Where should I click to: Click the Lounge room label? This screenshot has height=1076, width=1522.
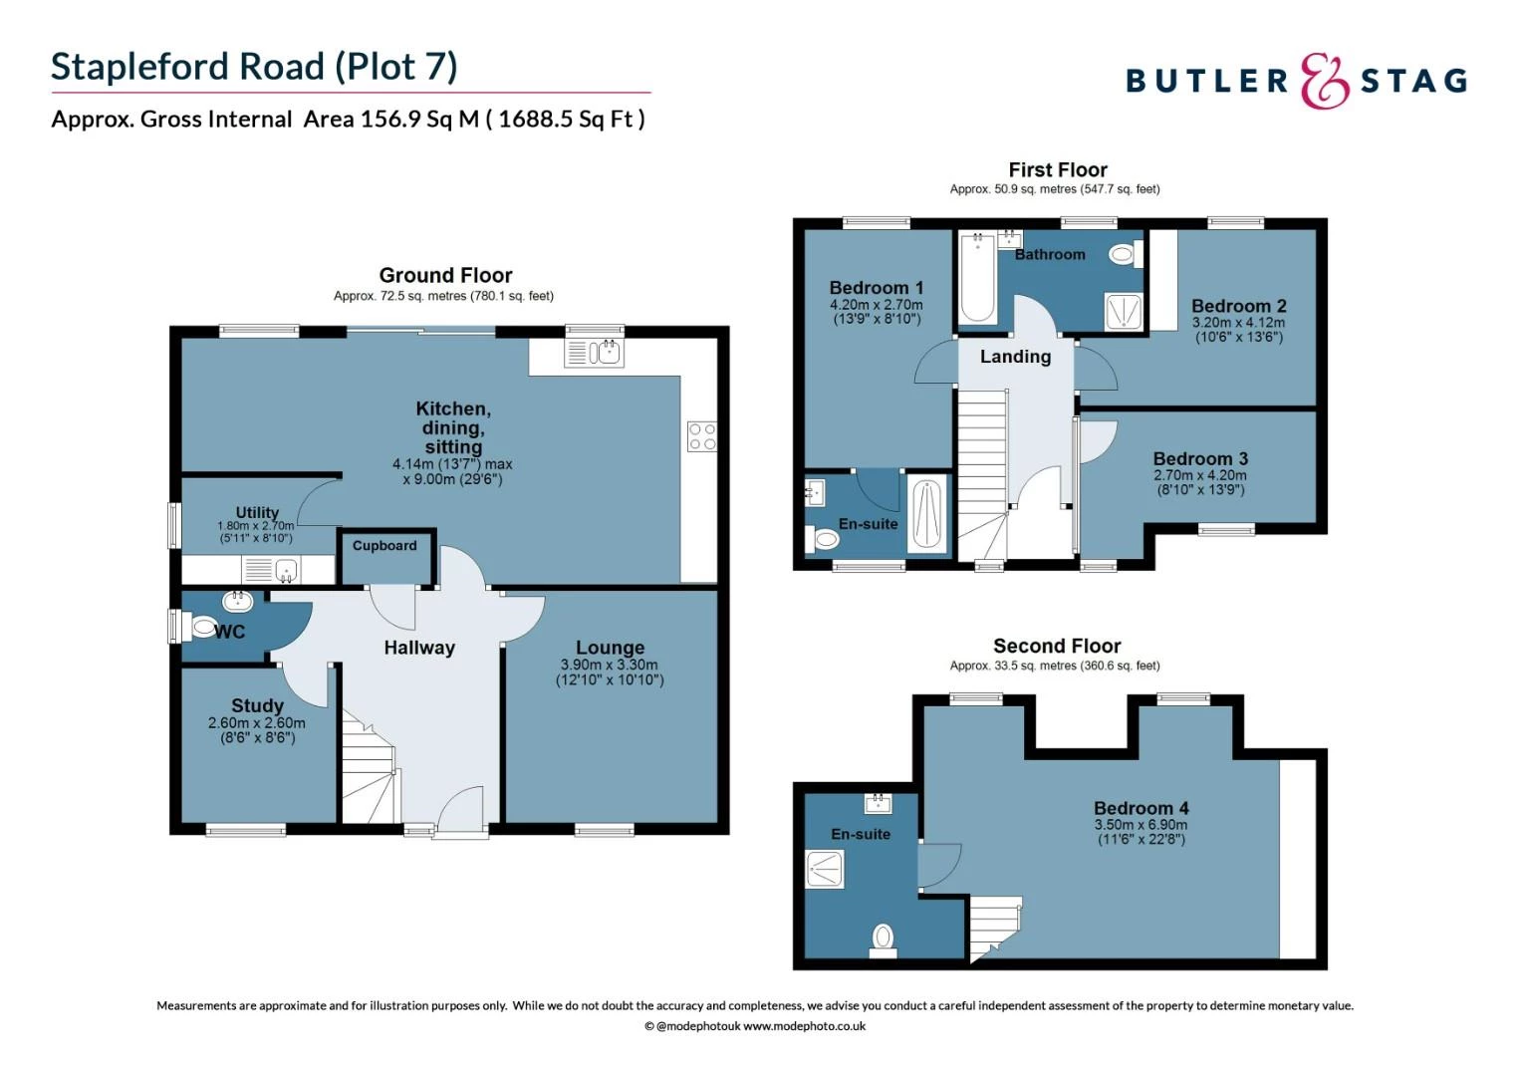[x=610, y=648]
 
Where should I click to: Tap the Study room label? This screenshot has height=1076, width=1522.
[x=257, y=705]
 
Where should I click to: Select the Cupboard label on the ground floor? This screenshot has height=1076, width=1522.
[x=384, y=546]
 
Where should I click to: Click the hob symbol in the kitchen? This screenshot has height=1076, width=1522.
[x=701, y=436]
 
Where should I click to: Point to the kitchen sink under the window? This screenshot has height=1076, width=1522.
[x=595, y=353]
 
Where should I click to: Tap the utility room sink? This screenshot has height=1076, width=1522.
[x=286, y=571]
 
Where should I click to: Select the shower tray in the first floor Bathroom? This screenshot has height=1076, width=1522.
[x=1124, y=312]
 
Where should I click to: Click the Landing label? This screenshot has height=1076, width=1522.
[x=1015, y=357]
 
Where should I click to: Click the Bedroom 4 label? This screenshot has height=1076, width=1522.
[x=1141, y=808]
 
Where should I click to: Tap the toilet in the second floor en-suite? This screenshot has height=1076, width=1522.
[x=883, y=938]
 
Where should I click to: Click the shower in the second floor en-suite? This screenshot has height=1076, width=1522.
[x=825, y=869]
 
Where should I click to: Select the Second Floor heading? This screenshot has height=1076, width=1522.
[x=1057, y=646]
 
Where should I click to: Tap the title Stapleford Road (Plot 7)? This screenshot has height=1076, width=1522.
[x=254, y=67]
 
